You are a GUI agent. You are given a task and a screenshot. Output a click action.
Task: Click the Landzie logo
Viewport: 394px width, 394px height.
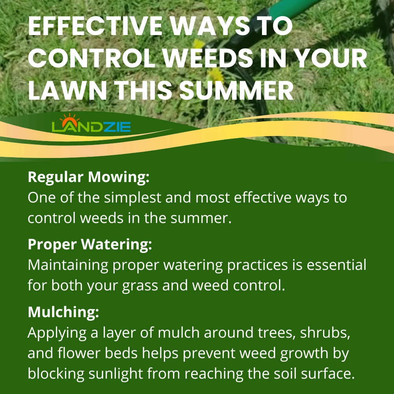click(x=91, y=123)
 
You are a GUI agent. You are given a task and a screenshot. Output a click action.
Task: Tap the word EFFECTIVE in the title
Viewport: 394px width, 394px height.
click(x=95, y=26)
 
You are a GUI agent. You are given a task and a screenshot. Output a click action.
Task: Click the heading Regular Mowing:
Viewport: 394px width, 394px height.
click(x=89, y=177)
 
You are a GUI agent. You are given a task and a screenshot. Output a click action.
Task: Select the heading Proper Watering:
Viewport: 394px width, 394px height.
click(x=90, y=244)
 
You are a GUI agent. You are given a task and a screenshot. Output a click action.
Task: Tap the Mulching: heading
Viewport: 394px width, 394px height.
click(x=63, y=312)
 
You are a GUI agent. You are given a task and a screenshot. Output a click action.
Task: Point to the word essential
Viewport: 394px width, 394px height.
click(x=336, y=265)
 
